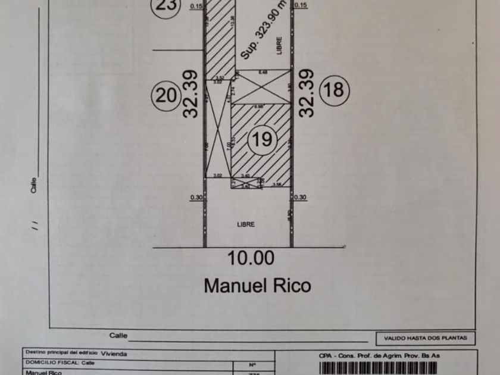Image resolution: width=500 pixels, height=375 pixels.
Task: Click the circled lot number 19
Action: point(262,139)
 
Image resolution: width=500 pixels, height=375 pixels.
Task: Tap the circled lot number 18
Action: point(335,90)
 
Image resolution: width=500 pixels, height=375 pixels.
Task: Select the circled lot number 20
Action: point(167,95)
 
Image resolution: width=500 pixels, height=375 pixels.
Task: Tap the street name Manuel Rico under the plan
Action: point(257,285)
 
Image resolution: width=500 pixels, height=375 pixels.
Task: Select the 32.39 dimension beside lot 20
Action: point(190,94)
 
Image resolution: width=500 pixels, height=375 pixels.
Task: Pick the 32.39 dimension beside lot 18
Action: point(305,93)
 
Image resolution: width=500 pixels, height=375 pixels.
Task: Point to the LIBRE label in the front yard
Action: point(246,224)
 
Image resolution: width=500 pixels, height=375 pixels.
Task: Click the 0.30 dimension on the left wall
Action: point(196,198)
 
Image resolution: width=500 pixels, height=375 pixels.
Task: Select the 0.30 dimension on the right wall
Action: point(301,198)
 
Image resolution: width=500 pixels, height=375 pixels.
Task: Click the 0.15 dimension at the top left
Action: point(196,6)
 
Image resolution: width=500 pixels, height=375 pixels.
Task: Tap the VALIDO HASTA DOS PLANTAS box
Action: point(425,338)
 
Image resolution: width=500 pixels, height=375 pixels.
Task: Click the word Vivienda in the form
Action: point(114,353)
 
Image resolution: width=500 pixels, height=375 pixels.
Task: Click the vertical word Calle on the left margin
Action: point(35,185)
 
